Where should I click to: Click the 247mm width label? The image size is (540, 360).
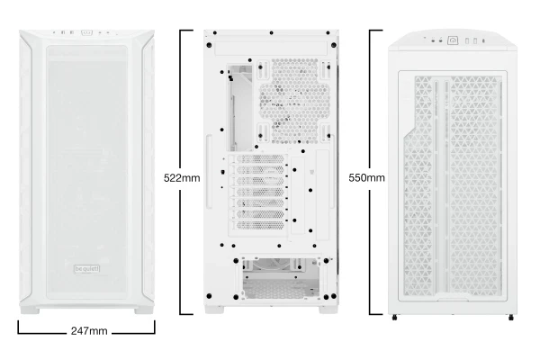coord(89,331)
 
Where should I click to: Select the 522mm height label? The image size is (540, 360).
coord(182,178)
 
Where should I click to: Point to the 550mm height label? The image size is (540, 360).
coord(366,178)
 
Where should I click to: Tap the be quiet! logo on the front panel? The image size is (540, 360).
coord(87,269)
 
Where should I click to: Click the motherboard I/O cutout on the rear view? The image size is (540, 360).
coord(239,108)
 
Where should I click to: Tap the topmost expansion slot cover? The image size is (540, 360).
coord(260,159)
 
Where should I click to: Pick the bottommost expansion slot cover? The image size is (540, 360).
coord(260,225)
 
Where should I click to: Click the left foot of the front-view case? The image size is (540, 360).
coord(30,310)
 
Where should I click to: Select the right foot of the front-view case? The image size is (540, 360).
coord(144,310)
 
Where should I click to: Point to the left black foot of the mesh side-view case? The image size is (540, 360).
coord(395,318)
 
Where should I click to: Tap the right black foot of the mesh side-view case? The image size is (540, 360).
coord(511,318)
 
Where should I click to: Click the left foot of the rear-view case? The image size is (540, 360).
coord(214,310)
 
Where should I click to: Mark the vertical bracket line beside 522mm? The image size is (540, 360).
coord(181,172)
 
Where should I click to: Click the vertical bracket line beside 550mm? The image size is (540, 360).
coord(370,172)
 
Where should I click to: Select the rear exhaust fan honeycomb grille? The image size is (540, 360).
coord(294,101)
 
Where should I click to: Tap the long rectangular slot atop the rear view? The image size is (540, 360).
coord(271,48)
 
